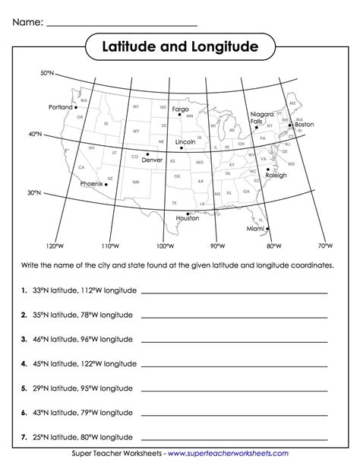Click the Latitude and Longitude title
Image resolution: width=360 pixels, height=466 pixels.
pos(180,48)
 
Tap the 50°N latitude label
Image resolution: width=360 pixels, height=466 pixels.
pos(48,73)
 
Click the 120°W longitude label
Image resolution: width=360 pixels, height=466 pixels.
pos(52,246)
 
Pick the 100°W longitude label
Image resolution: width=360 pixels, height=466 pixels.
pos(164,246)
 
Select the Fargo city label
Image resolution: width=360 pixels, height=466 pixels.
pos(180,109)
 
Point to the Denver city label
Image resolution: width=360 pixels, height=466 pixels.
pos(152,160)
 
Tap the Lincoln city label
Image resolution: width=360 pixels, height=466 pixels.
pos(185,142)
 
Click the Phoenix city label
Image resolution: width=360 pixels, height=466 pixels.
pos(91,183)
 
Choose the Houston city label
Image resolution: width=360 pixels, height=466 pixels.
pos(187,218)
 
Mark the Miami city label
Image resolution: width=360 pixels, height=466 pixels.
pos(256,228)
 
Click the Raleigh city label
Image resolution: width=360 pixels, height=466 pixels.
pos(276,175)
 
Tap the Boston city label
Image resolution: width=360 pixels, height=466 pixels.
pos(304,125)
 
